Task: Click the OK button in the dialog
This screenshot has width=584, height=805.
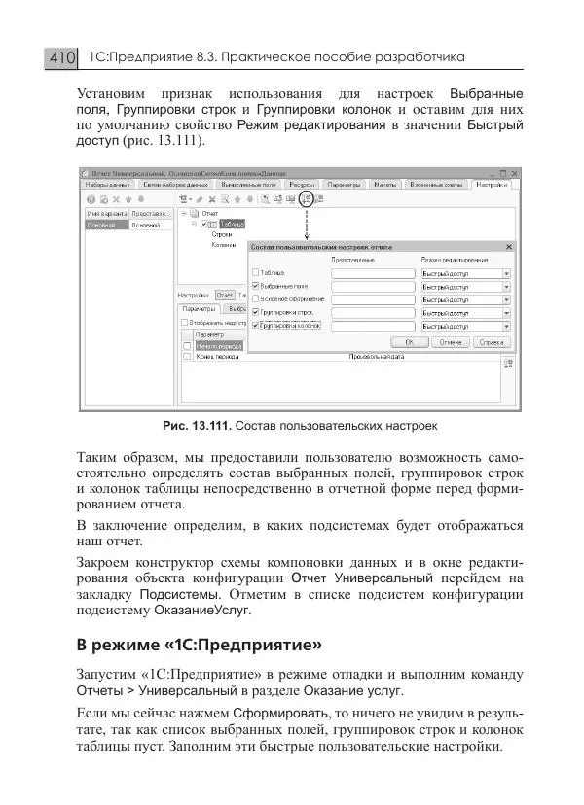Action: [x=410, y=342]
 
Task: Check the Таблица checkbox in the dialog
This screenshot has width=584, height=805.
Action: [x=256, y=273]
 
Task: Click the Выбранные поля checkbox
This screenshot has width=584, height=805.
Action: [x=256, y=287]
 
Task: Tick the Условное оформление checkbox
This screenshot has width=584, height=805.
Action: [x=256, y=299]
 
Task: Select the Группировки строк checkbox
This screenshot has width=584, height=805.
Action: [x=256, y=312]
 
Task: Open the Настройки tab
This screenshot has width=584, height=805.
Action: [x=492, y=184]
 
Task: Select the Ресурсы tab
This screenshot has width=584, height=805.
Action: [x=301, y=184]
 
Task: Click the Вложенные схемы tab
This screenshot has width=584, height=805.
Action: [x=434, y=184]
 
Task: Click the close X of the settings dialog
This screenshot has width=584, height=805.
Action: [x=508, y=247]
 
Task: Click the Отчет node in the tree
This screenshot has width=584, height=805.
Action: [x=209, y=212]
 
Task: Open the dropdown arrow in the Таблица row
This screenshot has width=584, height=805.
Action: [x=506, y=274]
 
